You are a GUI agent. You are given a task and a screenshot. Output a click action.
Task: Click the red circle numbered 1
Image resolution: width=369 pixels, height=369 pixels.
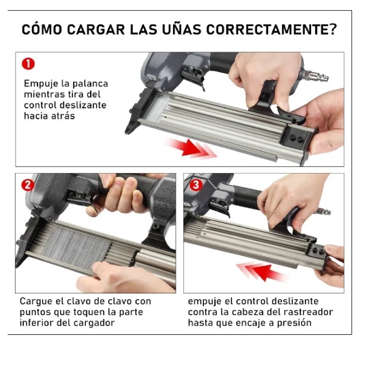(x=28, y=64)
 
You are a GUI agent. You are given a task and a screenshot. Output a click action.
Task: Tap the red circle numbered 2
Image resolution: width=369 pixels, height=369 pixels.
(x=27, y=185)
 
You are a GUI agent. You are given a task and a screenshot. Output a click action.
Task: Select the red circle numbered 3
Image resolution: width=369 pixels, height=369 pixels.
(x=196, y=185)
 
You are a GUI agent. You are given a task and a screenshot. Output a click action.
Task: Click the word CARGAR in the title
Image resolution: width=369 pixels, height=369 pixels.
(x=96, y=30)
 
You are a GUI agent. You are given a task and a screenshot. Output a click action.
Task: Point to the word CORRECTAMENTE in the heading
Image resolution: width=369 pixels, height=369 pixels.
(x=271, y=30)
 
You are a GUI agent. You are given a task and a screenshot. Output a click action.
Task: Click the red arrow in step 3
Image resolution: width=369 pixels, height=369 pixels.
(x=261, y=271)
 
